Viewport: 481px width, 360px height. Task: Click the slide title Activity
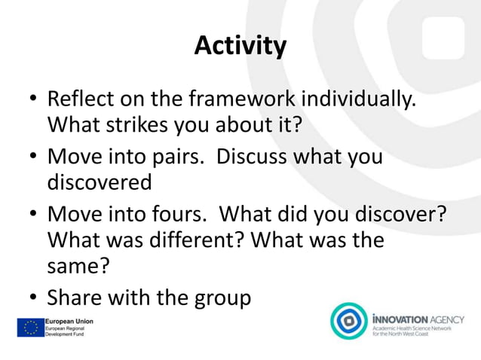(x=240, y=47)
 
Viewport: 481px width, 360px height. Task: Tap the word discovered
(x=100, y=182)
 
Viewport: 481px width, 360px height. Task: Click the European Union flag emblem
(x=31, y=327)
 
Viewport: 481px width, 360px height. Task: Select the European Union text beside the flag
(x=69, y=321)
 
